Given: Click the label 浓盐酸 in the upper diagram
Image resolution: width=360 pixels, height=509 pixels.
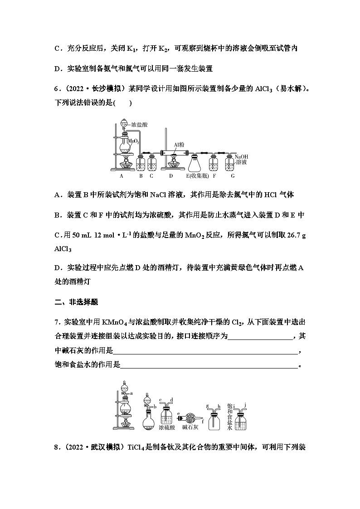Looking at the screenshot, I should [x=140, y=124].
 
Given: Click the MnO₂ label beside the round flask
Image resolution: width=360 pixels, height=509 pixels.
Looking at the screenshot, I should [x=133, y=141].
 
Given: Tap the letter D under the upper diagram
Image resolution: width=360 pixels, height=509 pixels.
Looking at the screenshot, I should [x=170, y=176].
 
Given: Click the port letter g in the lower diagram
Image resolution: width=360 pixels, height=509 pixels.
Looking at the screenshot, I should [x=207, y=406].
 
